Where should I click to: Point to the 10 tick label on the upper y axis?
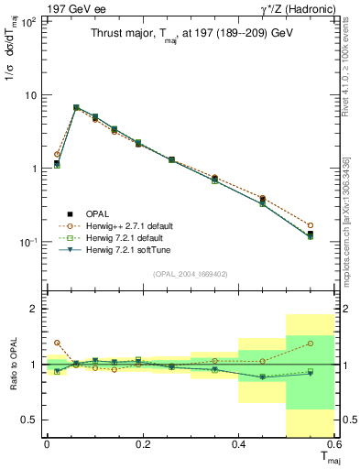(x=28, y=95)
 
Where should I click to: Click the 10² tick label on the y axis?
(x=27, y=22)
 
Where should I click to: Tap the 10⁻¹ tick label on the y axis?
(x=27, y=243)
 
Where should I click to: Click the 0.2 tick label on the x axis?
(x=142, y=443)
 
